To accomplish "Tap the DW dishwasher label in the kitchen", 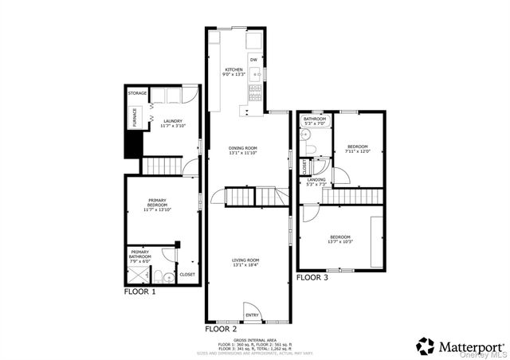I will coord(253,60).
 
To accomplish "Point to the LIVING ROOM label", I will coord(246,261).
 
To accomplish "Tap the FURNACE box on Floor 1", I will coord(134,117).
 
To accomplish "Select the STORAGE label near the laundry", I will coord(137,93).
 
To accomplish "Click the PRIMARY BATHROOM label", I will coord(139,254).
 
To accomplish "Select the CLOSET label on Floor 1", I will coord(187,274).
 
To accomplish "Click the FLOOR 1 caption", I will coord(140,292).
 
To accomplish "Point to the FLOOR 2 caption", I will coord(222,328).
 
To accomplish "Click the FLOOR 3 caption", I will coord(312,278).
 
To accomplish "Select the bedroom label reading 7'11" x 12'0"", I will coord(357,149).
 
